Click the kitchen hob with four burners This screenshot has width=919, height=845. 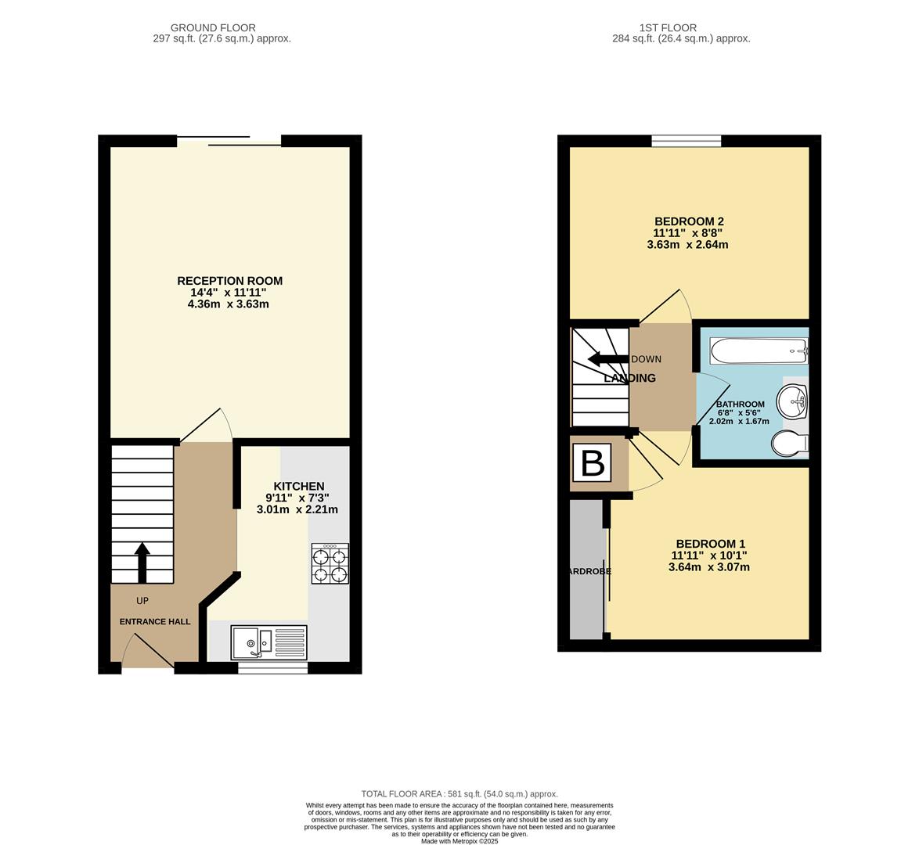pyautogui.click(x=330, y=564)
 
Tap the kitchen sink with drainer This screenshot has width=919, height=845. pyautogui.click(x=268, y=642)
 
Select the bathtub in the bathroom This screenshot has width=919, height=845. pyautogui.click(x=758, y=349)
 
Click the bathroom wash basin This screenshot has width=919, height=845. pyautogui.click(x=792, y=402)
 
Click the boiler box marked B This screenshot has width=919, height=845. pyautogui.click(x=593, y=463)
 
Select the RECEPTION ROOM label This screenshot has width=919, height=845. pyautogui.click(x=229, y=281)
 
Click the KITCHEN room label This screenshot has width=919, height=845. pyautogui.click(x=298, y=486)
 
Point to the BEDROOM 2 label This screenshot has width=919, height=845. pyautogui.click(x=689, y=221)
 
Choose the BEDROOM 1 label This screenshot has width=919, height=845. pyautogui.click(x=710, y=544)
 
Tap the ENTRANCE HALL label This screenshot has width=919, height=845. pyautogui.click(x=155, y=621)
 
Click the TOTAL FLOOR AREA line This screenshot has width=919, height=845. pyautogui.click(x=459, y=793)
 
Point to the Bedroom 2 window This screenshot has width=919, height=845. pyautogui.click(x=687, y=141)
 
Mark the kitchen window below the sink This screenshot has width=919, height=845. pyautogui.click(x=272, y=668)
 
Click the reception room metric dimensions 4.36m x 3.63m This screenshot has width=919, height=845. pyautogui.click(x=228, y=304)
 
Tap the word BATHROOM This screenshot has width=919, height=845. pyautogui.click(x=740, y=405)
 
